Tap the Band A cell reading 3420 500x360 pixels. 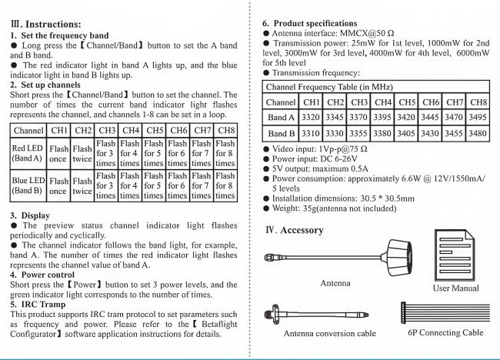point(406,117)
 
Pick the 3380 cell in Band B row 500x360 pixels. point(383,132)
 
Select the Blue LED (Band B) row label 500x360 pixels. point(28,185)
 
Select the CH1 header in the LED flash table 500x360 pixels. point(60,130)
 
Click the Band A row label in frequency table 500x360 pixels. point(280,117)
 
